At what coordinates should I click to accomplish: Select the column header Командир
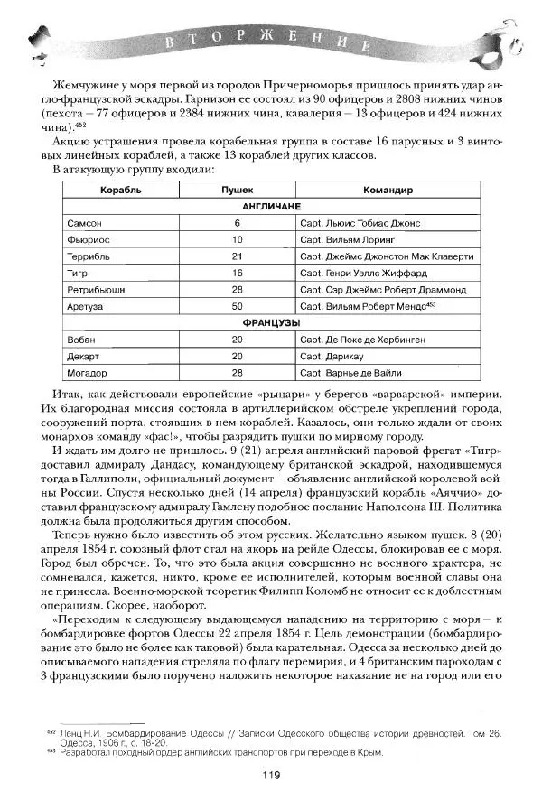388,191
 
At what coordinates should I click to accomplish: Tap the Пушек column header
238,191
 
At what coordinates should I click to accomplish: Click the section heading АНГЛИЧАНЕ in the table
271,207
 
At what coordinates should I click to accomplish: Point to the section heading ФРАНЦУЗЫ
271,322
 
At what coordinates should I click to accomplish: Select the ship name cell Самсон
84,223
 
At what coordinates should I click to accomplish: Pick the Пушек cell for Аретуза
238,307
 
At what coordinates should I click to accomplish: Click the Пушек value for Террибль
238,256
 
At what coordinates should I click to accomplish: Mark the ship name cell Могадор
88,372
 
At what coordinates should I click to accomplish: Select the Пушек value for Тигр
238,273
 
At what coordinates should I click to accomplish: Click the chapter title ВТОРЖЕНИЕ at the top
271,45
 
